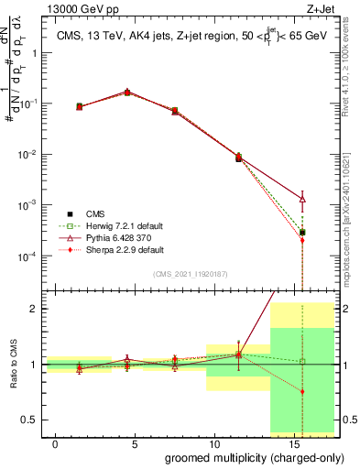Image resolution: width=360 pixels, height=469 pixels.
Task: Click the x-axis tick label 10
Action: click(213, 443)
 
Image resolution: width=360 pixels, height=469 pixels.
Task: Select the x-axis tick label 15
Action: click(292, 443)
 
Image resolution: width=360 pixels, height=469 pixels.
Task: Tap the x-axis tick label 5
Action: click(135, 443)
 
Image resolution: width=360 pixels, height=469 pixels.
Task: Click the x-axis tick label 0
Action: click(56, 443)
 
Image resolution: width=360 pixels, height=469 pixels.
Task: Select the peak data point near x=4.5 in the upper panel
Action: click(127, 93)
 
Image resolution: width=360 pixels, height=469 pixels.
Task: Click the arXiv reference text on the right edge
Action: click(352, 220)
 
